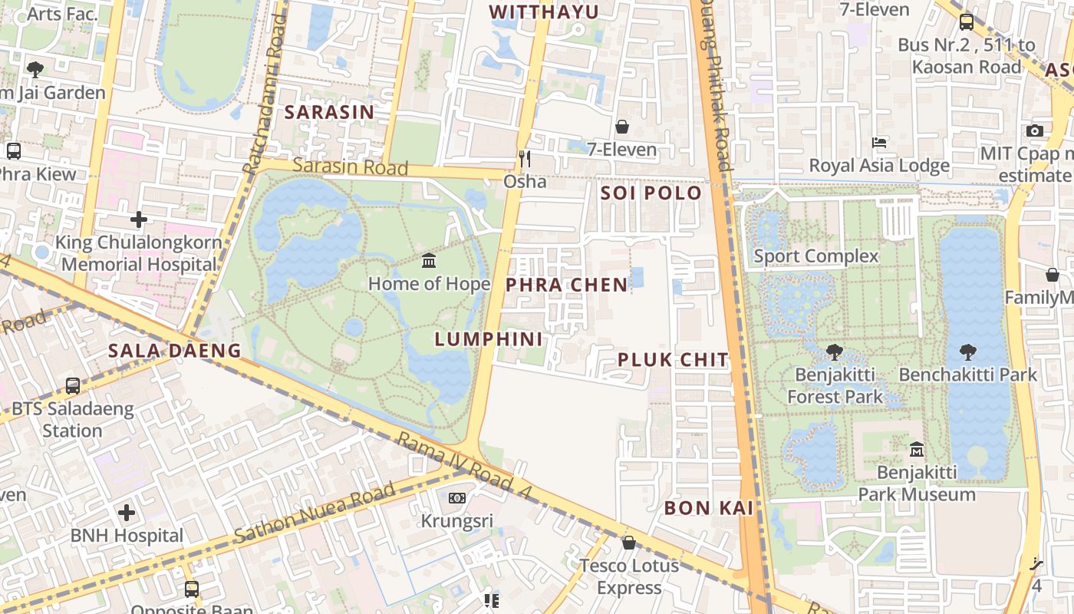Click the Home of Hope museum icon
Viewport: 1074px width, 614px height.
pos(429,261)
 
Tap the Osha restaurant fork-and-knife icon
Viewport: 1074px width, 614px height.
pos(525,159)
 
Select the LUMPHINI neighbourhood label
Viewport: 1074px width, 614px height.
pos(489,339)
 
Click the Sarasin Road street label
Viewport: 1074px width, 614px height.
pos(350,167)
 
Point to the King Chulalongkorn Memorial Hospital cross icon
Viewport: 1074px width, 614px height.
pos(138,220)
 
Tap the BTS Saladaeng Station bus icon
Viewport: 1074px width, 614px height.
pos(73,386)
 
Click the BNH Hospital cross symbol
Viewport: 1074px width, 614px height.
pos(127,513)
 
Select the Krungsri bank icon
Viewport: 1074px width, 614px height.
pos(457,498)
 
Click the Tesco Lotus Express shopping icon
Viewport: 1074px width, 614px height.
pos(629,543)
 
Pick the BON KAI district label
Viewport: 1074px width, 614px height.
pos(709,508)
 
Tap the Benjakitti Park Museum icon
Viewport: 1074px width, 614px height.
pos(916,449)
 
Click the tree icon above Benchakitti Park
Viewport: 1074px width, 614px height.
pos(967,352)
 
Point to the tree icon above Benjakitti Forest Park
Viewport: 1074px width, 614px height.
pos(835,352)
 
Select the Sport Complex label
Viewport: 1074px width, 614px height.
pos(815,256)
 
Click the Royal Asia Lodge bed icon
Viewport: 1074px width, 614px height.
pos(879,144)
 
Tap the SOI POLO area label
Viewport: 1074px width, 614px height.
pos(651,193)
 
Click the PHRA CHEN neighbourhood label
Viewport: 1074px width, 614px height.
pos(567,285)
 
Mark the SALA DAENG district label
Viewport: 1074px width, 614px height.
pos(174,351)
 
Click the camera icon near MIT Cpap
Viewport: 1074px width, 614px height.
pos(1035,130)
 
